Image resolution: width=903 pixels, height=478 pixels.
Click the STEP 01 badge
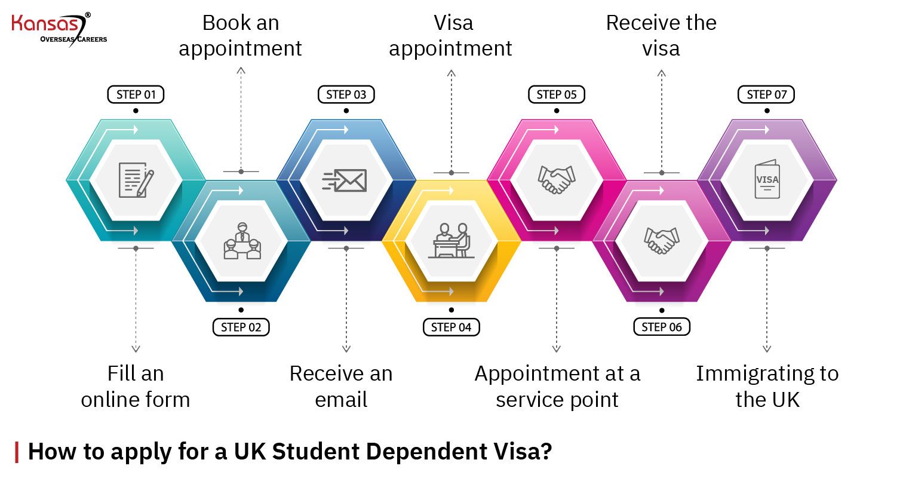tap(136, 94)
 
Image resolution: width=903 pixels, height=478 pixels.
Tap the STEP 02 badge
tap(241, 327)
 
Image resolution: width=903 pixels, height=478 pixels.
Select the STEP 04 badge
tap(451, 327)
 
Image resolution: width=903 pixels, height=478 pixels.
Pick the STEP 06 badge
tap(662, 327)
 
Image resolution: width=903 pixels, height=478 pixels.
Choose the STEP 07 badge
tap(767, 94)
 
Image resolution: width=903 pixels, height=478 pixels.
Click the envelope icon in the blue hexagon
tap(345, 180)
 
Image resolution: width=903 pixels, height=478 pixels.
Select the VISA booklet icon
tap(767, 179)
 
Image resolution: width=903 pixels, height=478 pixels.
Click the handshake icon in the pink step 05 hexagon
tap(557, 179)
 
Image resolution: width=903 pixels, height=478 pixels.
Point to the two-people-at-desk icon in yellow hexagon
tap(451, 241)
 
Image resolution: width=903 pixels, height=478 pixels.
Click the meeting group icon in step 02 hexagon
tap(241, 241)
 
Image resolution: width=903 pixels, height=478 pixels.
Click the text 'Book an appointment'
tap(241, 36)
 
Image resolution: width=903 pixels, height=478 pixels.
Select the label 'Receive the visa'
tap(661, 36)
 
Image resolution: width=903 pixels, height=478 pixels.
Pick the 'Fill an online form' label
tap(136, 387)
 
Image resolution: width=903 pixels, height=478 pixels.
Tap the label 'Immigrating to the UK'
tap(767, 387)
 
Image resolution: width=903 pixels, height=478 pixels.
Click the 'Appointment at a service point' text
tap(557, 387)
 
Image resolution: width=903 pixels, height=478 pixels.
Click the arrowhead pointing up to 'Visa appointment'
tap(451, 73)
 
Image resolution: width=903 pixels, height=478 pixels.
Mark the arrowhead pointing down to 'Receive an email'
tap(346, 348)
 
